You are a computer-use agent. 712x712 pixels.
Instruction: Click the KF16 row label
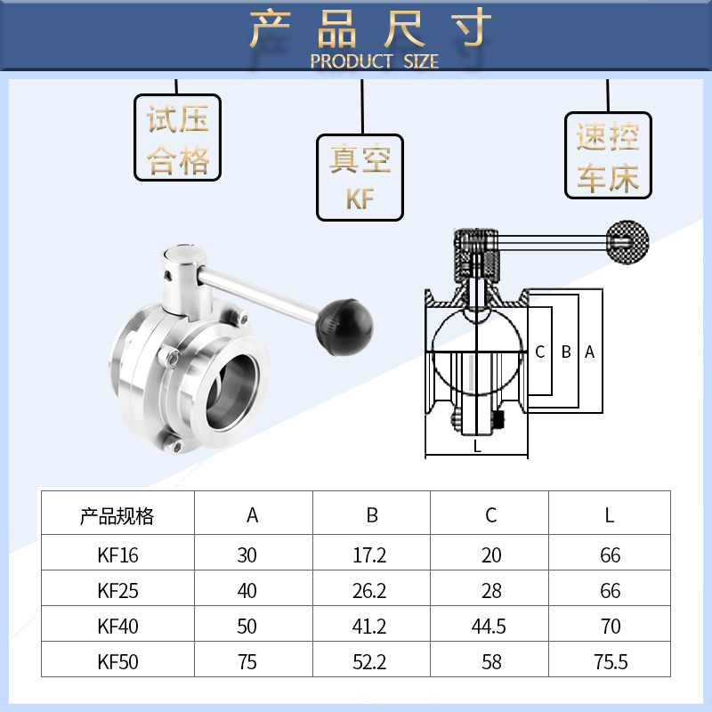[118, 555]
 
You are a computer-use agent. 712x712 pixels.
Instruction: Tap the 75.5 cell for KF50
[611, 662]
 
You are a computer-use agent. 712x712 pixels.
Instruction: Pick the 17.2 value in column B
[370, 555]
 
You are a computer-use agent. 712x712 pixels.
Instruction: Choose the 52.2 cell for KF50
[370, 662]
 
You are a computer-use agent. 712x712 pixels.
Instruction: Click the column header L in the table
[610, 515]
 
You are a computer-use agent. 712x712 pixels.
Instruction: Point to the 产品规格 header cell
[117, 515]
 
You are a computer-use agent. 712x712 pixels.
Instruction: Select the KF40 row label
[118, 627]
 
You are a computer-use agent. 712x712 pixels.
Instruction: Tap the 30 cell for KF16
[247, 555]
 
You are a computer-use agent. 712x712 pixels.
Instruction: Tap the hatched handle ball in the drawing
[627, 240]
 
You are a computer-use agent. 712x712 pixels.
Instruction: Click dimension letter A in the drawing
[589, 352]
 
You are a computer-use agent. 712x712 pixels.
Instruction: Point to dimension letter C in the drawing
[540, 352]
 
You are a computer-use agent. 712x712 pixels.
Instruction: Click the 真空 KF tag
[360, 178]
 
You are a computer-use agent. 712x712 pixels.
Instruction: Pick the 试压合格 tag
[178, 137]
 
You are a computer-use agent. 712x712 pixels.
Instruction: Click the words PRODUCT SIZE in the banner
[374, 61]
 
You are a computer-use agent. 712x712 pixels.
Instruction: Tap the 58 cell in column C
[490, 662]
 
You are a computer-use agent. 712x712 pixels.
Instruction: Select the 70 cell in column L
[611, 627]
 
